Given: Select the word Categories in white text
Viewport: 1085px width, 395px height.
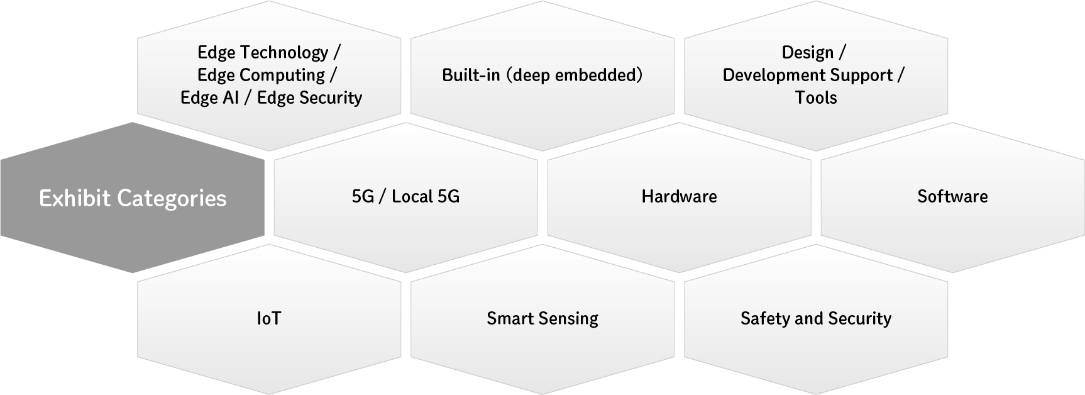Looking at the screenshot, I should tap(172, 199).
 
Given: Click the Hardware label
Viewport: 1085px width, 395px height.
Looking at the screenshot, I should tap(679, 196).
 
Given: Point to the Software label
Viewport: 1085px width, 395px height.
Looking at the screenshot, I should tap(952, 196).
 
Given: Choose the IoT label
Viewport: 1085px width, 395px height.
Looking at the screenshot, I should tap(269, 318).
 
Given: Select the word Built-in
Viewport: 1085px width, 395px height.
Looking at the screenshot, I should tap(471, 75).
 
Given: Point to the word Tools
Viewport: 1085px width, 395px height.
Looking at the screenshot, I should tap(816, 97).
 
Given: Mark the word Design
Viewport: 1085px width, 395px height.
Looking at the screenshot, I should tap(808, 52).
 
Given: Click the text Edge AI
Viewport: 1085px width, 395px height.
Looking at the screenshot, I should tap(209, 97).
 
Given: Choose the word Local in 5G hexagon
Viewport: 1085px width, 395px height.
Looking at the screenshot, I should tap(412, 196).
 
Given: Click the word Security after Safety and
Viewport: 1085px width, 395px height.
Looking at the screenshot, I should tap(859, 318).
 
